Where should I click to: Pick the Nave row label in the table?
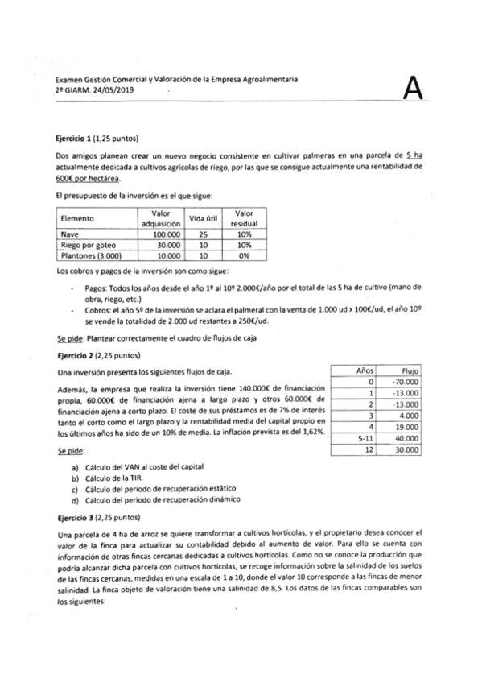[68, 234]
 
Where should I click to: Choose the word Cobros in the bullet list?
[97, 309]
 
